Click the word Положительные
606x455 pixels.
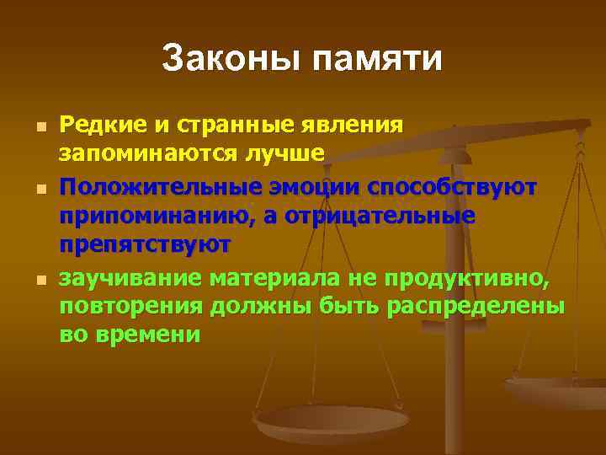(147, 186)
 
